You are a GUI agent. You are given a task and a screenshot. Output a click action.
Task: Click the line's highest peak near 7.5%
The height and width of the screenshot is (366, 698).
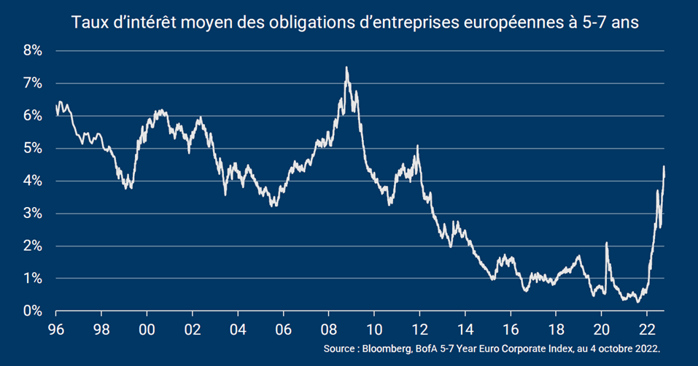(346, 68)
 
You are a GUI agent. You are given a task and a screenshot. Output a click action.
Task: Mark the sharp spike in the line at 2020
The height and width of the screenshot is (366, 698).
(606, 244)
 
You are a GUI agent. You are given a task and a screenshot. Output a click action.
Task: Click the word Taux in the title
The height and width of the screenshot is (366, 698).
(89, 23)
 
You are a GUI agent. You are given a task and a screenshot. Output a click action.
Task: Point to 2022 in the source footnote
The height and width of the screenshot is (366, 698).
(645, 350)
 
